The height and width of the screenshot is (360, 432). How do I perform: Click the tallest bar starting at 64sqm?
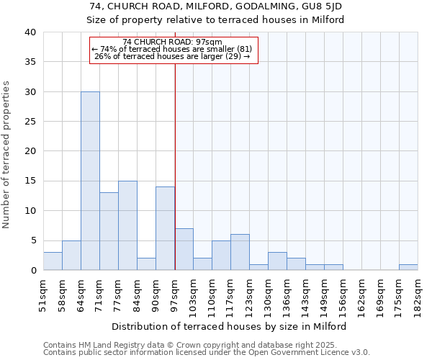pos(90,181)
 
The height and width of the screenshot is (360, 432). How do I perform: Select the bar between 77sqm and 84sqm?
pos(127,225)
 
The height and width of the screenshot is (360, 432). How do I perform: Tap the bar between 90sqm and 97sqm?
pos(165,228)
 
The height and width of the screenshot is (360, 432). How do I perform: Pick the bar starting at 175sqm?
pos(408,267)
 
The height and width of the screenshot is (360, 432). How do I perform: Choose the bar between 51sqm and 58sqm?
pos(53,261)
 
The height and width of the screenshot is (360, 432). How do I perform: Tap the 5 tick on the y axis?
pos(32,240)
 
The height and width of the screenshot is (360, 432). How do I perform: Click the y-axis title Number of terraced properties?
pos(7,155)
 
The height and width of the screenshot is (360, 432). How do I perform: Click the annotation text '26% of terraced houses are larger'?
pos(172,56)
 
